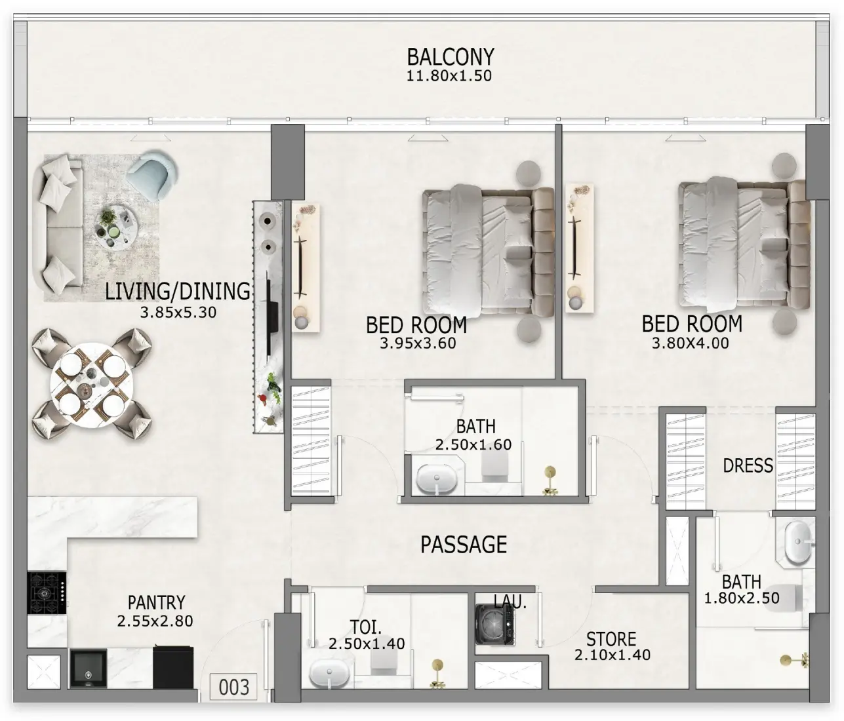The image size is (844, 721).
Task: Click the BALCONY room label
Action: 450,57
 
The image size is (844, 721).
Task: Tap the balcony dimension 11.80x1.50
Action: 449,76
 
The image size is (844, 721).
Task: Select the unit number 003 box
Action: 233,687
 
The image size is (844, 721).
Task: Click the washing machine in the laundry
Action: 494,624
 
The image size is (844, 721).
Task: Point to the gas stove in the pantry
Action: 47,593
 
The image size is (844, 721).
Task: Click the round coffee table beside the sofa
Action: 117,229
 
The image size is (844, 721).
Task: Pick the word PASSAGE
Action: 464,545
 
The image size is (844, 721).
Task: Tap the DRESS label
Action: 748,465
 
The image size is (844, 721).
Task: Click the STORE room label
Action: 611,639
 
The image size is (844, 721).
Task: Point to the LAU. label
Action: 510,602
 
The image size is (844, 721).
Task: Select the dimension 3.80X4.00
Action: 690,343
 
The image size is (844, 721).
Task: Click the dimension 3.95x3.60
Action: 418,343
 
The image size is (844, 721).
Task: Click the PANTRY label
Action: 156,602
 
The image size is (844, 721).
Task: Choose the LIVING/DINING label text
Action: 178,291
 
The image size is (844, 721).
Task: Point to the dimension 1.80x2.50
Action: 742,598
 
